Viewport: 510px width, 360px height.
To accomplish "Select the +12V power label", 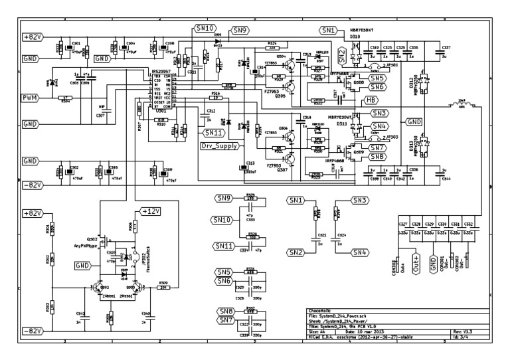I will (x=151, y=211).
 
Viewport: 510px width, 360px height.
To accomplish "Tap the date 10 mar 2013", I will (x=365, y=331).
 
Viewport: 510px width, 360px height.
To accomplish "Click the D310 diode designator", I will (x=355, y=37).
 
